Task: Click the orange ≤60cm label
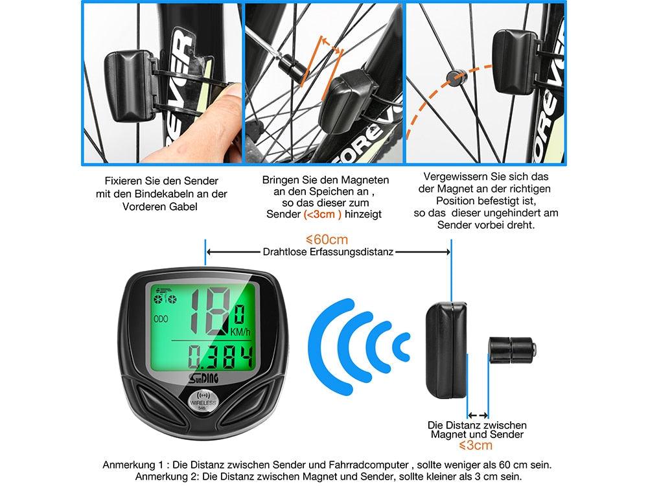pos(327,240)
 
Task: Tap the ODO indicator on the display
pos(161,319)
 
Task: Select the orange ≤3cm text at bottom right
pos(476,446)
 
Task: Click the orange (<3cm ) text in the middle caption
pos(322,213)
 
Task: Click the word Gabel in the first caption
pos(181,205)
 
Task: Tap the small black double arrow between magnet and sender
pos(478,415)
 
